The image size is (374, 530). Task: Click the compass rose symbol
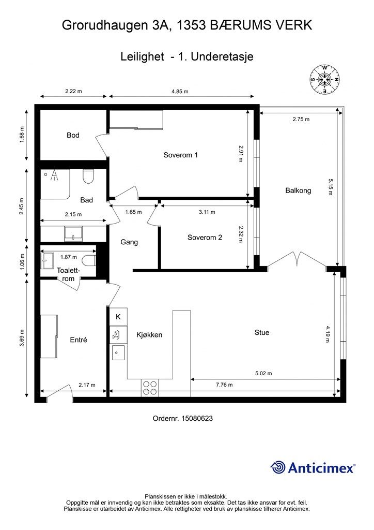click(x=324, y=79)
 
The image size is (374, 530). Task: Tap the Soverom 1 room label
click(x=180, y=155)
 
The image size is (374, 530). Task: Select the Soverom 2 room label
click(x=205, y=238)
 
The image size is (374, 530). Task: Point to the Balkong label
click(x=298, y=190)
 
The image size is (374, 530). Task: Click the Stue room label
click(x=262, y=333)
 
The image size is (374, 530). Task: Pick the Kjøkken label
click(x=149, y=335)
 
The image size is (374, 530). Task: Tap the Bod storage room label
click(x=73, y=135)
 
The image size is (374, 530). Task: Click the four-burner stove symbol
click(x=150, y=388)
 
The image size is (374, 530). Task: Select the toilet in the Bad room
click(x=88, y=176)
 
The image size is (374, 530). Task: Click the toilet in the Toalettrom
click(x=90, y=261)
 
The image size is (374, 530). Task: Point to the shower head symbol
click(x=53, y=175)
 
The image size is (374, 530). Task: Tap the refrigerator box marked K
click(x=118, y=317)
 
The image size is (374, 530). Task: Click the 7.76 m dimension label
click(x=224, y=385)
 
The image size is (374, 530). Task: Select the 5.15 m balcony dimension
click(x=330, y=186)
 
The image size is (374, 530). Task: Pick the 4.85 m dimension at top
click(x=180, y=91)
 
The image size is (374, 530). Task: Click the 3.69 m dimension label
click(x=22, y=337)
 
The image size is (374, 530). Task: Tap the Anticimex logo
click(x=313, y=467)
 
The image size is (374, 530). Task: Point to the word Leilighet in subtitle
click(x=142, y=56)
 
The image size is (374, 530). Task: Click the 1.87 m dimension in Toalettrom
click(x=69, y=257)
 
